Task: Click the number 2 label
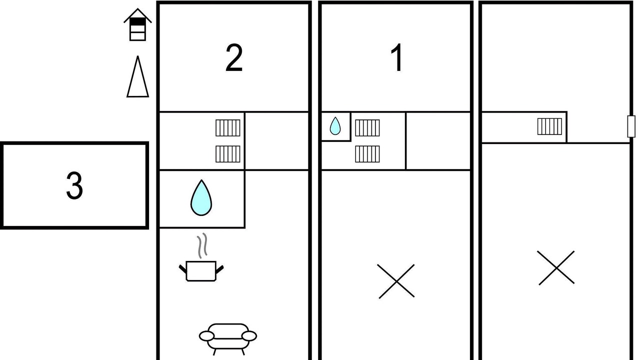coord(234,57)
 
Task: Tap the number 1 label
coord(397,57)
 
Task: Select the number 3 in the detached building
coord(74,185)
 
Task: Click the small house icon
coord(137,24)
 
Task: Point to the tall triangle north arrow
coord(137,76)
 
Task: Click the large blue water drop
coord(201,197)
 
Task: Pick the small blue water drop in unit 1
coord(335,126)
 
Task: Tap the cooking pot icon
coord(201,271)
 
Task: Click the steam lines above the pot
coord(202,245)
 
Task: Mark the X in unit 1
coord(396,281)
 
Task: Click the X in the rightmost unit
coord(556,268)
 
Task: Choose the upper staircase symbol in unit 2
coord(228,127)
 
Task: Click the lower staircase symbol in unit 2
coord(228,154)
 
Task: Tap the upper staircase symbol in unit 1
coord(367,127)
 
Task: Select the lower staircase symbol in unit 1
coord(367,154)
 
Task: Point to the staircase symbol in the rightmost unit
coord(549,126)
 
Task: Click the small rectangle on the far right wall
coord(631,126)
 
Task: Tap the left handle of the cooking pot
coord(183,269)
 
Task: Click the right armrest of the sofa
coord(249,336)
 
